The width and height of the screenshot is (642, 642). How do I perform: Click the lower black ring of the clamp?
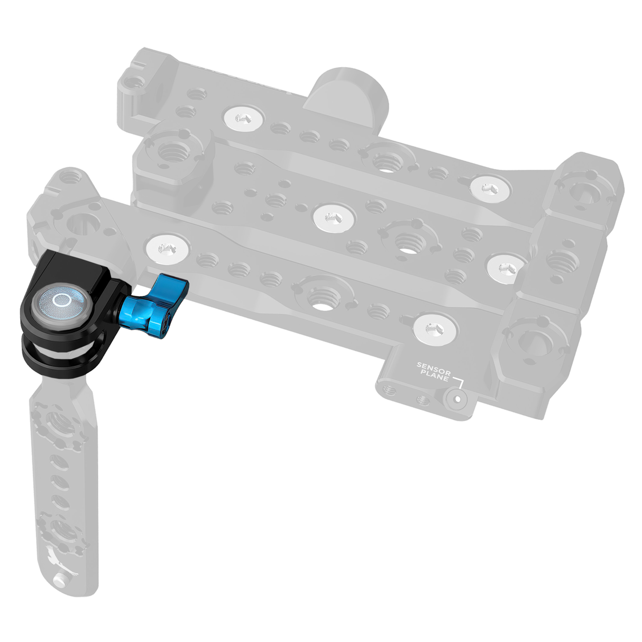(58, 364)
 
